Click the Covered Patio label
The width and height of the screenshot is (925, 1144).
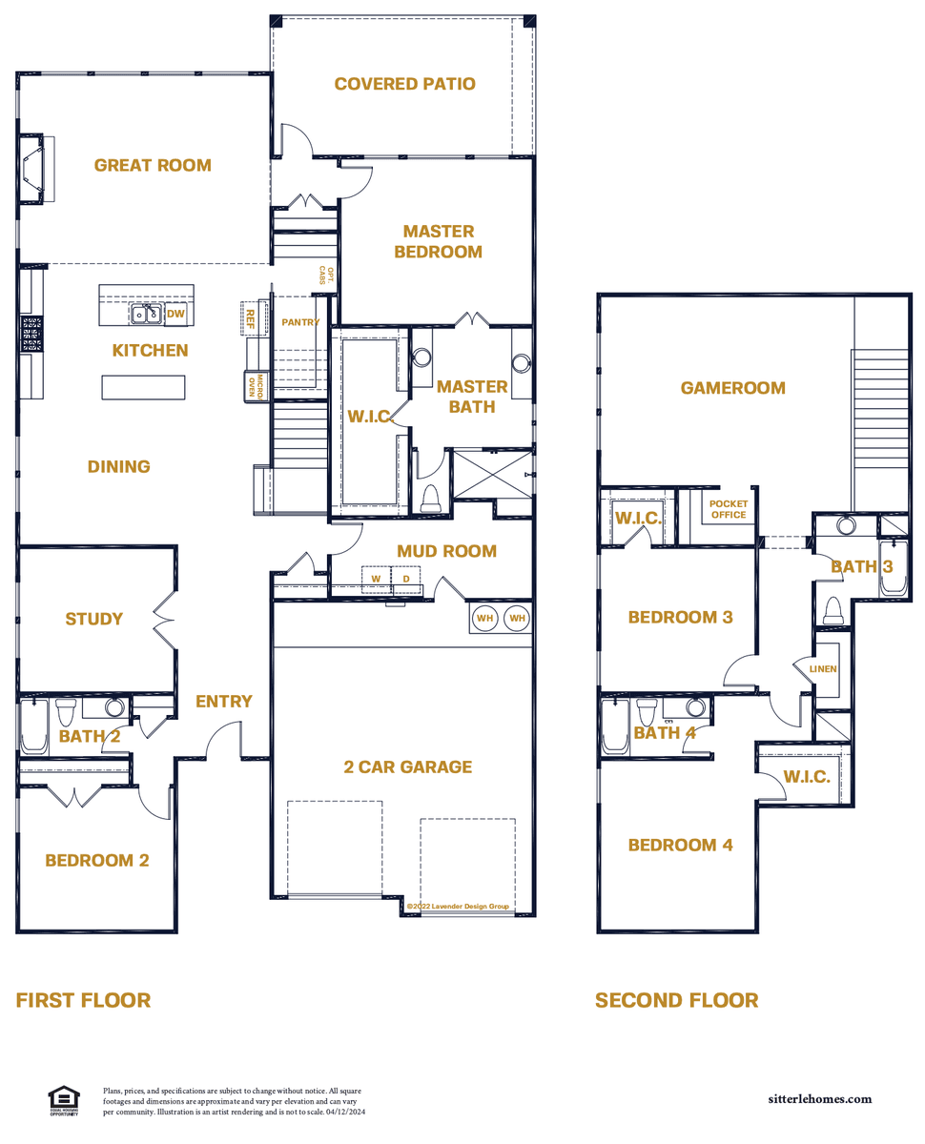point(404,84)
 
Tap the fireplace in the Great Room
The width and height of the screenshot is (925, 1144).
point(36,169)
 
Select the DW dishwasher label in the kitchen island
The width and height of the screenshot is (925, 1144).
point(175,314)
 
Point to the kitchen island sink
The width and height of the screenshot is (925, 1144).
point(146,314)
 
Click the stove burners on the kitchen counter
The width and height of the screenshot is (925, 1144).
point(31,334)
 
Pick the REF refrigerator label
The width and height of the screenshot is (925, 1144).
point(250,318)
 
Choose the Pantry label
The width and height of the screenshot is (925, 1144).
point(300,322)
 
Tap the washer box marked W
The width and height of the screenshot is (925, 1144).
point(376,579)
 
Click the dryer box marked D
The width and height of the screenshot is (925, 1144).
point(406,579)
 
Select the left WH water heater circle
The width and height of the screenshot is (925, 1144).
point(484,618)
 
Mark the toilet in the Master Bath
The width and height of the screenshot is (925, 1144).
point(430,499)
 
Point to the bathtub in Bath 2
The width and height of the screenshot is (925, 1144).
point(34,726)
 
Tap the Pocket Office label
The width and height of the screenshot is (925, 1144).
point(728,509)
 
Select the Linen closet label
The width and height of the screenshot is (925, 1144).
point(822,668)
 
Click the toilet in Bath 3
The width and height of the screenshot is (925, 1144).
point(832,611)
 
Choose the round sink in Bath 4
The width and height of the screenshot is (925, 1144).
point(695,707)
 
